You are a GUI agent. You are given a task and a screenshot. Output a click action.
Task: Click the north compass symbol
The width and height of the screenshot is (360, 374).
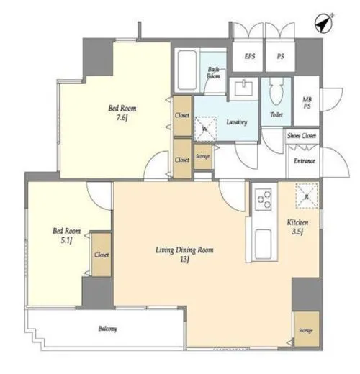[324, 23]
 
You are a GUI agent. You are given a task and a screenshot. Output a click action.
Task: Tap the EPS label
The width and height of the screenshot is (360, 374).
[250, 56]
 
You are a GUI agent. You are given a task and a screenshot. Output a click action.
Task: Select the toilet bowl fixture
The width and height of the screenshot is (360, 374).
[276, 92]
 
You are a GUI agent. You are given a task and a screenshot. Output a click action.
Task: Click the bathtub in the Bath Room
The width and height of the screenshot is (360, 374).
[186, 70]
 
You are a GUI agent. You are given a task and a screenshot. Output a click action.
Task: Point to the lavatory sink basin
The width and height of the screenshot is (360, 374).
[243, 88]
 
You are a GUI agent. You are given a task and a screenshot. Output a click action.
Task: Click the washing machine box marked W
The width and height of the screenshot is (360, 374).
[205, 129]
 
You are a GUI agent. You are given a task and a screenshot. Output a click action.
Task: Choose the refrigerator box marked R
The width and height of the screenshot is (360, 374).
[307, 196]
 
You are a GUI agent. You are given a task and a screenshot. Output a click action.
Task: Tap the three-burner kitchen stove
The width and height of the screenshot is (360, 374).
[264, 199]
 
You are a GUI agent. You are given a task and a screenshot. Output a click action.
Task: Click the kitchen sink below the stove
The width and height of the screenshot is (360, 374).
[264, 244]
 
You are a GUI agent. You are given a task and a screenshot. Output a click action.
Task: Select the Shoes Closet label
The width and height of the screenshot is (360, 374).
[302, 136]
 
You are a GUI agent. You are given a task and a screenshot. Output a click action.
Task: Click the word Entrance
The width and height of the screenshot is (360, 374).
[305, 160]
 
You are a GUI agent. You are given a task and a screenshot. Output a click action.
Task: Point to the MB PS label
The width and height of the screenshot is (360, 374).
[307, 103]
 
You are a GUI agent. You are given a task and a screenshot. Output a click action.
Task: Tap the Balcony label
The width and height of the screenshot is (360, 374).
[108, 329]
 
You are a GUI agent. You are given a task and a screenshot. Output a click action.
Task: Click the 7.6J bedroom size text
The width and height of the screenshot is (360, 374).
[122, 118]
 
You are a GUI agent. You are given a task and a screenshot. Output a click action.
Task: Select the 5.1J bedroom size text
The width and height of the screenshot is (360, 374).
[66, 240]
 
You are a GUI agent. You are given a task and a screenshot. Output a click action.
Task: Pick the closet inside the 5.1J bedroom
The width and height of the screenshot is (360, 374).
[102, 255]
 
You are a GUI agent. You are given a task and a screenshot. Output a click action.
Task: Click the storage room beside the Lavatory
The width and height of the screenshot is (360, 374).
[203, 156]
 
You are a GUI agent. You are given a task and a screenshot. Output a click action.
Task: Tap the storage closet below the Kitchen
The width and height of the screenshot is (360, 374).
[307, 329]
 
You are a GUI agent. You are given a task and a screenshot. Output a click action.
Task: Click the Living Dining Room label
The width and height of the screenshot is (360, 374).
[184, 250]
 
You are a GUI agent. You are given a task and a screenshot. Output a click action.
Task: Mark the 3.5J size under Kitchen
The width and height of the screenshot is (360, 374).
[297, 232]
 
